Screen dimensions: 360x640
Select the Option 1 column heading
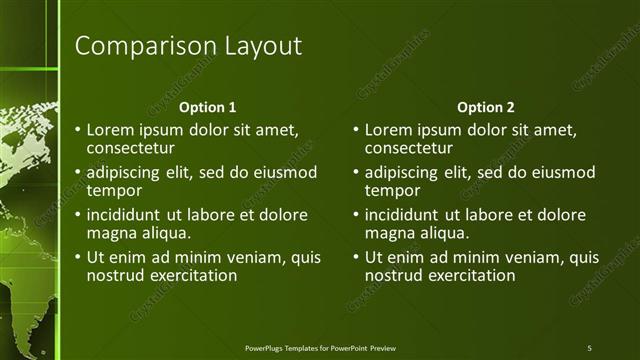[207, 107]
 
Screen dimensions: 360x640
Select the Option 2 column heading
[485, 107]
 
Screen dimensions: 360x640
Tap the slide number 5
[589, 347]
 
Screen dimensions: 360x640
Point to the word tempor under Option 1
[113, 190]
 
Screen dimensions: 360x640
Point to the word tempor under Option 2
[391, 190]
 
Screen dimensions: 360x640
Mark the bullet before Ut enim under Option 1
[77, 258]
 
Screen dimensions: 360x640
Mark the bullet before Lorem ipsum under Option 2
[355, 130]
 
